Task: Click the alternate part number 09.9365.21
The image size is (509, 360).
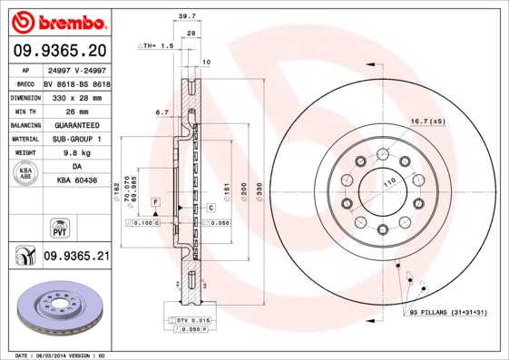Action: (76, 257)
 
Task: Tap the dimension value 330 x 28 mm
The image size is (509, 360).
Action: (75, 95)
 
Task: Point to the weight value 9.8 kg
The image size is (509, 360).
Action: (75, 153)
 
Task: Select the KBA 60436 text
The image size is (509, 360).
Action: (75, 181)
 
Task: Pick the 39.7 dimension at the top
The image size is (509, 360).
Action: (187, 16)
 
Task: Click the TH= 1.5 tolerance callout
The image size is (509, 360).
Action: (156, 45)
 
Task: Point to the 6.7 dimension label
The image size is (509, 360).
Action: (162, 112)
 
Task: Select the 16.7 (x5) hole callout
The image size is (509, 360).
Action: (426, 121)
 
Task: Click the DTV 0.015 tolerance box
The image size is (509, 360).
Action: (188, 321)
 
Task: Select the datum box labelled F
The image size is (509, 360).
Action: (155, 199)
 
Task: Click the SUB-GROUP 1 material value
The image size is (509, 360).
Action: (75, 139)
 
